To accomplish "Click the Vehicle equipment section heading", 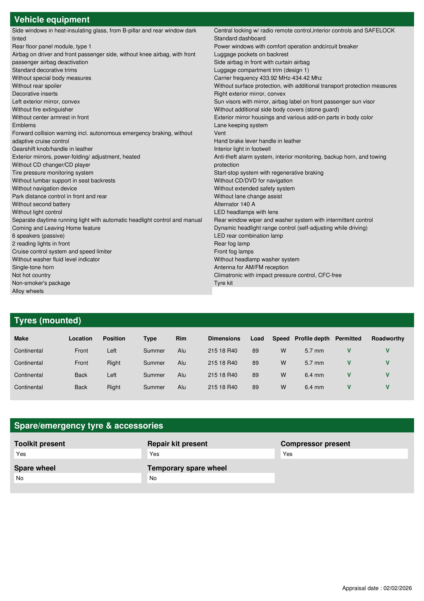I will (52, 20).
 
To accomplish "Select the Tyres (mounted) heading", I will (48, 320).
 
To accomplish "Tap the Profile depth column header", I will (312, 339).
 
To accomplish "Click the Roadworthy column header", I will (388, 339).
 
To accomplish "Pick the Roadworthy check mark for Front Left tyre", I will (387, 351).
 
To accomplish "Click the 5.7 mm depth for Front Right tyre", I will (314, 363).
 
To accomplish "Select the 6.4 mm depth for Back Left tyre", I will (314, 375).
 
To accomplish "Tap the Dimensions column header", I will (224, 339).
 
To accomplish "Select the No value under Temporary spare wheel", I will (153, 478).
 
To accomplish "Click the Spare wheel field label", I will (35, 468).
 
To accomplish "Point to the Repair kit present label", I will (177, 444).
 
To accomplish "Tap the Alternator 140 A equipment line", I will (235, 204).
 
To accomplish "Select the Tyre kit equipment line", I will (223, 283).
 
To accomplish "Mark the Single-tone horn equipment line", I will (33, 267).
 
